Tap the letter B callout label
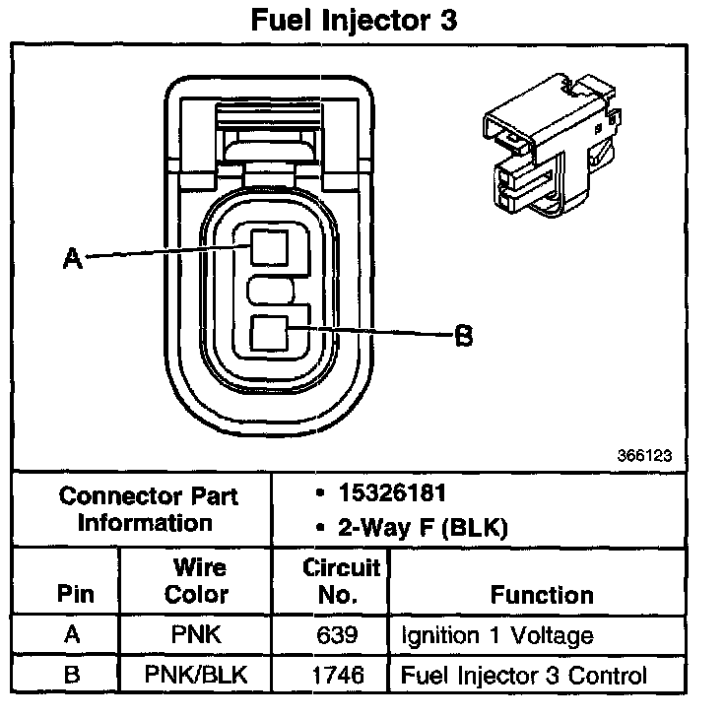pyautogui.click(x=463, y=336)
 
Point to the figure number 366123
pyautogui.click(x=645, y=457)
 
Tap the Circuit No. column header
pyautogui.click(x=340, y=581)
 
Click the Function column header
pyautogui.click(x=542, y=594)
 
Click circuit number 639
pyautogui.click(x=340, y=634)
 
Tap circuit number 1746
pyautogui.click(x=340, y=676)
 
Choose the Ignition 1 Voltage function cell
pyautogui.click(x=496, y=634)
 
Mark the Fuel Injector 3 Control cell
pyautogui.click(x=523, y=676)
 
